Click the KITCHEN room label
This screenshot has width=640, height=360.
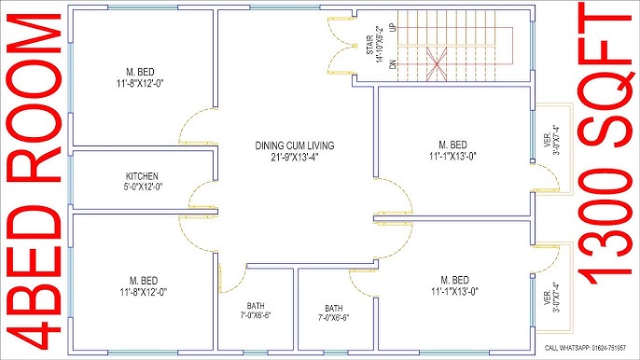coord(143,175)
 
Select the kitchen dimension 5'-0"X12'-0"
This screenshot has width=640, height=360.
coord(143,186)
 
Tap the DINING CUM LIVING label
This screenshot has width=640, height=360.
coord(295,145)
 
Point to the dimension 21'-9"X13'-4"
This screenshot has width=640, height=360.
coord(295,156)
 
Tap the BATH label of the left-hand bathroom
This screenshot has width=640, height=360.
coord(256,307)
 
